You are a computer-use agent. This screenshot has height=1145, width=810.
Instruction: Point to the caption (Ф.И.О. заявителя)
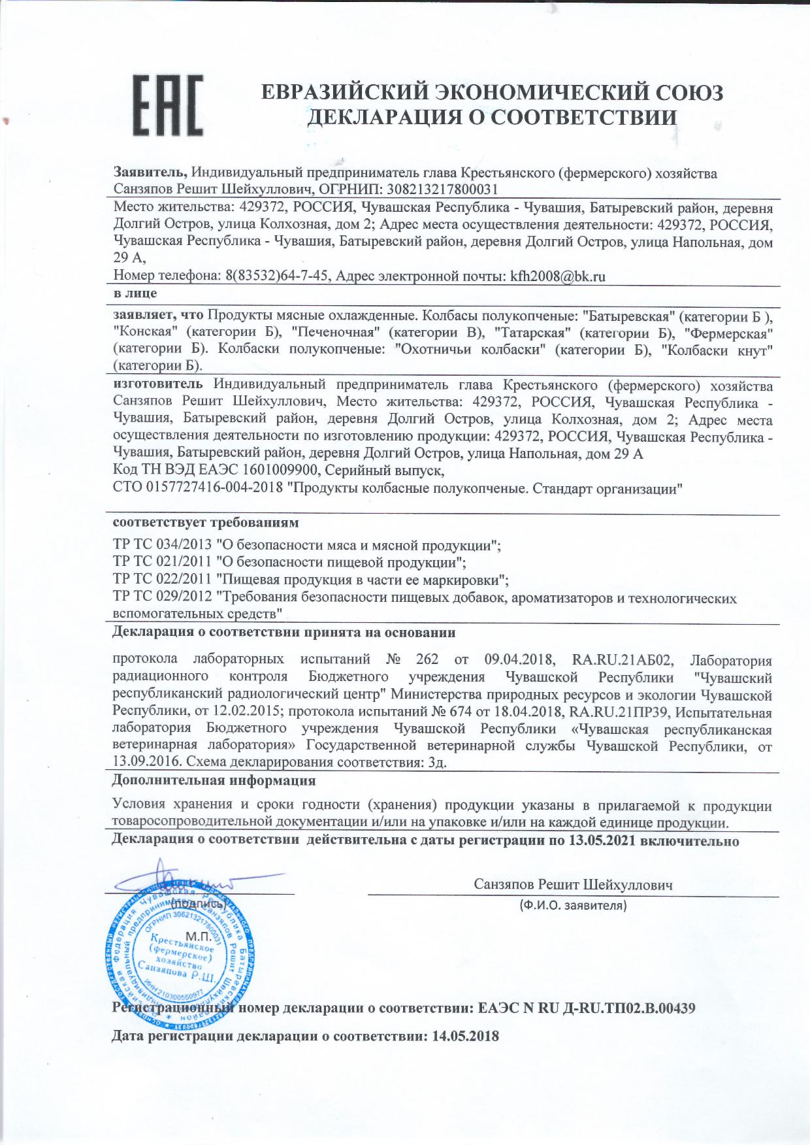573,906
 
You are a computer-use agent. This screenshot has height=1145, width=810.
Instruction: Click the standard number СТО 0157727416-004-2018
198,488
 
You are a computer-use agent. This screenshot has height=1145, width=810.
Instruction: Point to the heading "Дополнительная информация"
214,780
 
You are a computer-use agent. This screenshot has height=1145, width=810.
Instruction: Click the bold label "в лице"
135,293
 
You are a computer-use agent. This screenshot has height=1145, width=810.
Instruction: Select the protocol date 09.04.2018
519,660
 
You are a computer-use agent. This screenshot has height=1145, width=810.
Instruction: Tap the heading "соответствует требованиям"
206,523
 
